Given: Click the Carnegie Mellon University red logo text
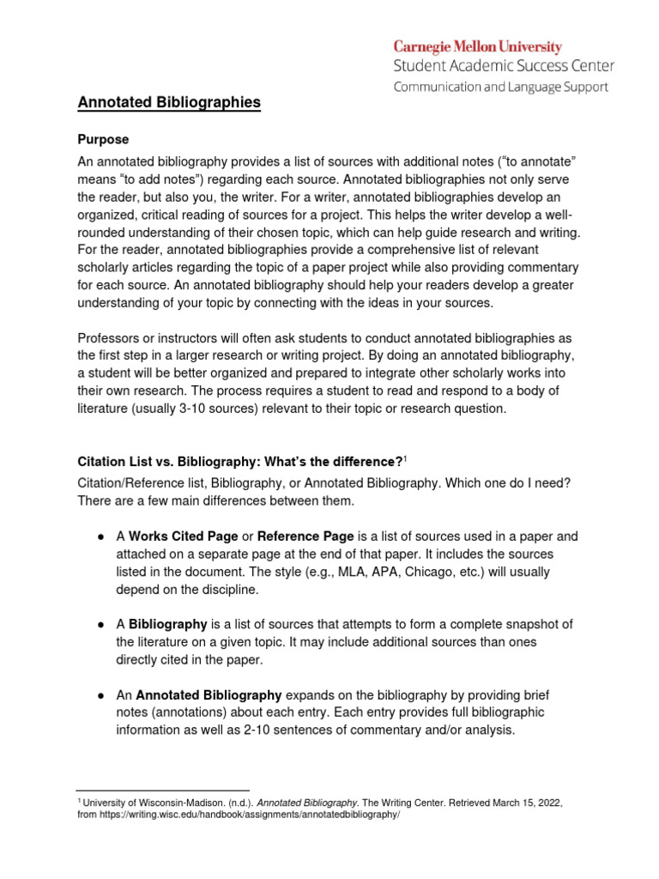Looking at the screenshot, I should tap(478, 47).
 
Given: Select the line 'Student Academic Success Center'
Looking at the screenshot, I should tap(504, 65).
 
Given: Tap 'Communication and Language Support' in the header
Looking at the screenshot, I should tap(500, 87).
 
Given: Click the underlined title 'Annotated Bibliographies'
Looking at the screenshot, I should tap(169, 103).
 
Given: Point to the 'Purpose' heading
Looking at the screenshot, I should tap(103, 139).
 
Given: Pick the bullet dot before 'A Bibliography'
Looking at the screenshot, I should tap(101, 624).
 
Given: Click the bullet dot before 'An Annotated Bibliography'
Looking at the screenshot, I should tap(101, 695).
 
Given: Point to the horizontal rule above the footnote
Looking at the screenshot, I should tap(163, 790).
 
